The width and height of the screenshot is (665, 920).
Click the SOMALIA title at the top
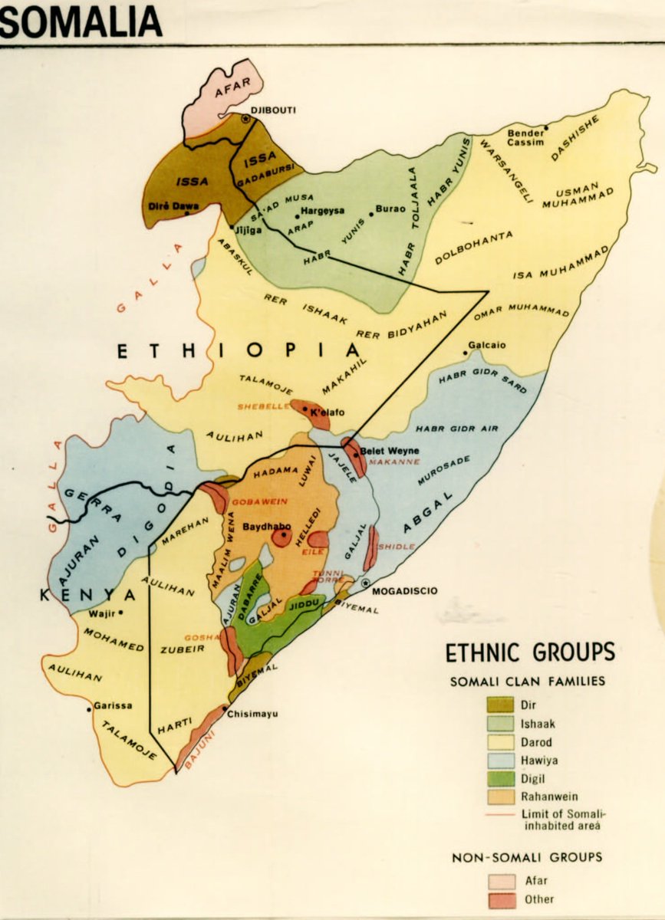81,21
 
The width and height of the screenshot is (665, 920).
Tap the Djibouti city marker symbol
245,119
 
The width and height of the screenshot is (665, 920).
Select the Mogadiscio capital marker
365,583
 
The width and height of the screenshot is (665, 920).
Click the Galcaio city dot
465,353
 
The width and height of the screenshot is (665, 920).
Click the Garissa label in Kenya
114,705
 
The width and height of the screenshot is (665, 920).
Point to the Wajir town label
101,613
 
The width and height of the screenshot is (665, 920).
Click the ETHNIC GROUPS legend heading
530,652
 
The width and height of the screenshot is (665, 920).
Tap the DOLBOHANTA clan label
473,248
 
